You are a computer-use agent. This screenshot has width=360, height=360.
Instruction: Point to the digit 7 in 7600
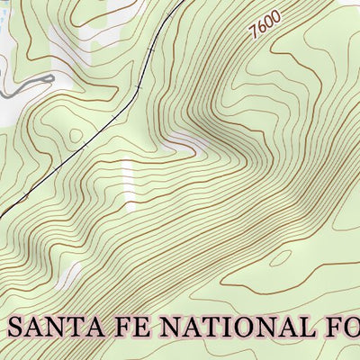[256, 31]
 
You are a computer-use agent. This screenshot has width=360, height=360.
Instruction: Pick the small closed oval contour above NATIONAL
[281, 258]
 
